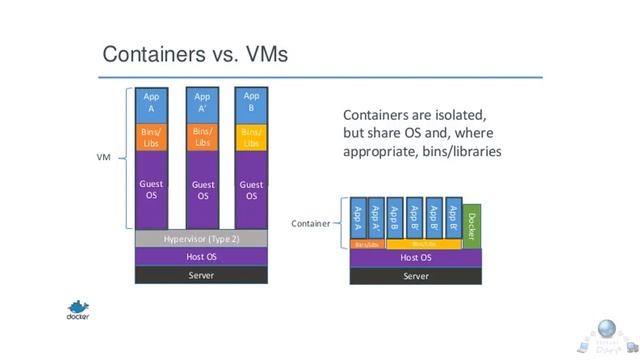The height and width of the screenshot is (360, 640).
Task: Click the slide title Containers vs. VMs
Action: (x=195, y=54)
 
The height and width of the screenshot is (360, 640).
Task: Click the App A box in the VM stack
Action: (x=151, y=104)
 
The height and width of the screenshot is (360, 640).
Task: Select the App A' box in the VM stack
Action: (x=202, y=104)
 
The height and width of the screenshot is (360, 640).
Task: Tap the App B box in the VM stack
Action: (x=251, y=104)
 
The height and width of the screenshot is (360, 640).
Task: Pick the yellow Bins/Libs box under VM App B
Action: (x=251, y=137)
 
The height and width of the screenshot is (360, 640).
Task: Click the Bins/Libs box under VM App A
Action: (x=151, y=137)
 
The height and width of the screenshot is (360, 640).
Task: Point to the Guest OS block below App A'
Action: (x=202, y=190)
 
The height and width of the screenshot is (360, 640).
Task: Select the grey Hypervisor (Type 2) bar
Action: (x=201, y=240)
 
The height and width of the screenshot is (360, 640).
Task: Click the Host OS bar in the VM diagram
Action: (x=201, y=257)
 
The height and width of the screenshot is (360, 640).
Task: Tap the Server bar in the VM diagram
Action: (x=201, y=275)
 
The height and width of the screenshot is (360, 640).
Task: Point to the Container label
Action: (x=310, y=223)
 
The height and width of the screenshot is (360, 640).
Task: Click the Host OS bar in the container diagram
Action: (x=415, y=258)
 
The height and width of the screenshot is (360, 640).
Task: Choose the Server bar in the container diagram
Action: (x=415, y=276)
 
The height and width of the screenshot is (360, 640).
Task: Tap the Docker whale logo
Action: (x=78, y=306)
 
